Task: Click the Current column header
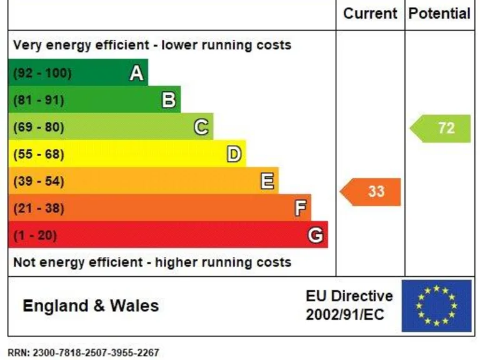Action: pyautogui.click(x=370, y=13)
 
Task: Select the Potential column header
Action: pyautogui.click(x=439, y=13)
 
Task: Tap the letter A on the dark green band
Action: pyautogui.click(x=136, y=74)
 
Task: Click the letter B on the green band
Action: pyautogui.click(x=169, y=100)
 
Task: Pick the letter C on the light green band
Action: pyautogui.click(x=201, y=127)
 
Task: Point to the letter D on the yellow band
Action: pyautogui.click(x=234, y=154)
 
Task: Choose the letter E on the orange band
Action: pyautogui.click(x=267, y=181)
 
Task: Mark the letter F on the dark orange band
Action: pyautogui.click(x=300, y=208)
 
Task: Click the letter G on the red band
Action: pyautogui.click(x=316, y=236)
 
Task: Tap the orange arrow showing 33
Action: pyautogui.click(x=371, y=191)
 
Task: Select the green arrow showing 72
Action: pyautogui.click(x=441, y=128)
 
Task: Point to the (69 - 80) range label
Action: pyautogui.click(x=39, y=127)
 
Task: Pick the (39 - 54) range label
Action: pyautogui.click(x=39, y=181)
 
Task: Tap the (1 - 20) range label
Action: pyautogui.click(x=35, y=236)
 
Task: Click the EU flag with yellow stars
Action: pyautogui.click(x=436, y=306)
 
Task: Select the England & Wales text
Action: pyautogui.click(x=91, y=306)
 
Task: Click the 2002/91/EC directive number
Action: pyautogui.click(x=345, y=314)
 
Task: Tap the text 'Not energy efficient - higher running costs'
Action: pyautogui.click(x=152, y=262)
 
